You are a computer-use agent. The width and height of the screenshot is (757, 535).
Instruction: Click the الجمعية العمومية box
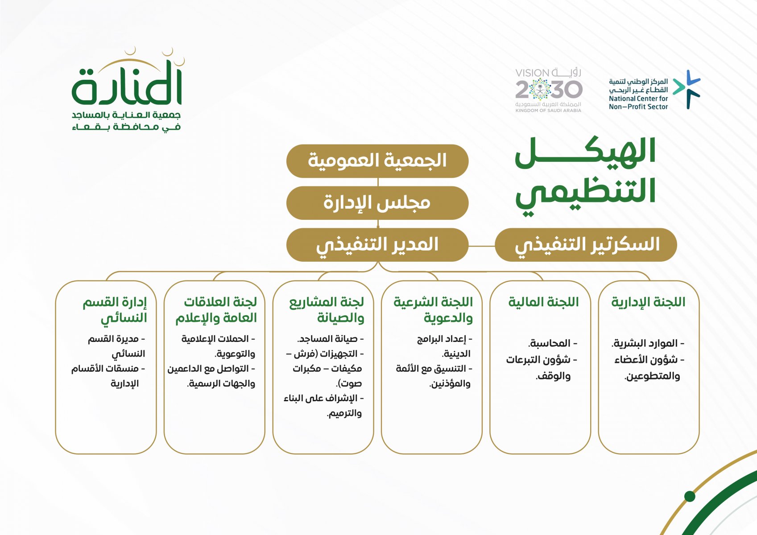377,161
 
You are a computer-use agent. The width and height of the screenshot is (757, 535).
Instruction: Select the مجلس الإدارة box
377,203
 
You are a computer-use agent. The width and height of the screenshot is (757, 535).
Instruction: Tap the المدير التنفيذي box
377,245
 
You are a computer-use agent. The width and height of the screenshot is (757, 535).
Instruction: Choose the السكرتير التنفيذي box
586,245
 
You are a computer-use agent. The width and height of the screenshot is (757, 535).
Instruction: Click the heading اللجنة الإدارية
648,302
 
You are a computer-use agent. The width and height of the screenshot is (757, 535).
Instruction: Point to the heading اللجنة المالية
543,302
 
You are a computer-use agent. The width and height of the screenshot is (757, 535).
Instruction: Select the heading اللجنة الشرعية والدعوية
433,310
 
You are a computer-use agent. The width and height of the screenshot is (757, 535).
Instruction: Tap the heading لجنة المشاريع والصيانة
327,310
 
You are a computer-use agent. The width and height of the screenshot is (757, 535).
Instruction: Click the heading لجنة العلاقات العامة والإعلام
216,310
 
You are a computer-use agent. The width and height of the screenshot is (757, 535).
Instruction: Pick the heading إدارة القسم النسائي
115,310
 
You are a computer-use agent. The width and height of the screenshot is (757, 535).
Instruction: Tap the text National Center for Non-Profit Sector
638,103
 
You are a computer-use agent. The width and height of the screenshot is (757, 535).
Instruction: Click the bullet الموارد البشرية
648,343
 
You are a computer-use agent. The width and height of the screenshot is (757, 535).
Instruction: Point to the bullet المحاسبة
553,343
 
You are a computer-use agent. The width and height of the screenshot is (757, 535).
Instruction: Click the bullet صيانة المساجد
330,339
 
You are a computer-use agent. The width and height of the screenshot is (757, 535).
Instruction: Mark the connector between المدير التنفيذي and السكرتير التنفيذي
482,246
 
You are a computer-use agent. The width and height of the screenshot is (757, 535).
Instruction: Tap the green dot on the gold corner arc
690,497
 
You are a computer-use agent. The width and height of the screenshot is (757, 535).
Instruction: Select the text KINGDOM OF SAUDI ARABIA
548,111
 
